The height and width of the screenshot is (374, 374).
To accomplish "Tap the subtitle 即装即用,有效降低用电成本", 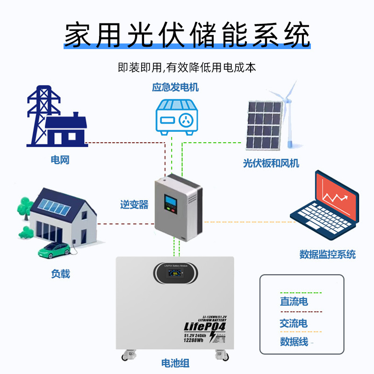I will coord(187,67).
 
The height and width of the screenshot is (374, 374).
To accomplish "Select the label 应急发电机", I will coord(175,87).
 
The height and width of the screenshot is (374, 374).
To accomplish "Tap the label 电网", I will coord(60,160).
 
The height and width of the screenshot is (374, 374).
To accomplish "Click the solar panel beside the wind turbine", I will coord(264,124).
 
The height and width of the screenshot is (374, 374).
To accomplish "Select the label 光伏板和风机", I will coord(271,163).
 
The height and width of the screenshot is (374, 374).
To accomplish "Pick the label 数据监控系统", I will coord(327,254).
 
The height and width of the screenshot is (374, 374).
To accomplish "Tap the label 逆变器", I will coord(134,204).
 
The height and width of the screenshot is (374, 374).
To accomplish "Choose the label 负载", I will coord(60,274).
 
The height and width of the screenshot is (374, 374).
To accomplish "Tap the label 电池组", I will coord(175,363).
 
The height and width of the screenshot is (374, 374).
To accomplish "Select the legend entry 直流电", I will coord(294,302).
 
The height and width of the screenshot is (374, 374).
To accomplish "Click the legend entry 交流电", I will coord(294,323).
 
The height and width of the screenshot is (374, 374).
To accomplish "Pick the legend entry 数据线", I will coord(294,341).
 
